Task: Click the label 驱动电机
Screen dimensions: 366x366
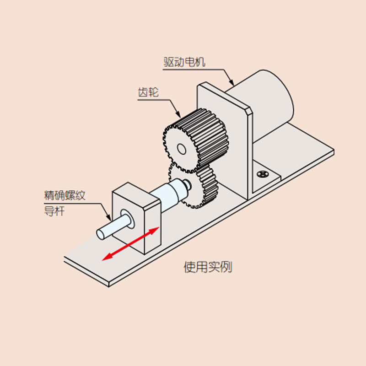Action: pos(184,62)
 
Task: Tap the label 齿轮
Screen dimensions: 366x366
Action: pos(148,92)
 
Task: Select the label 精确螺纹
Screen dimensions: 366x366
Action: pos(65,196)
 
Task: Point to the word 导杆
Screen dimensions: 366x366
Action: pos(54,211)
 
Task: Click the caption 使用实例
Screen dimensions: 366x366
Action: pos(208,267)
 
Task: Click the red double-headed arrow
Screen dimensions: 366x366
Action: pos(131,244)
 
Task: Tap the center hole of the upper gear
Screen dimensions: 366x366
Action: pos(182,149)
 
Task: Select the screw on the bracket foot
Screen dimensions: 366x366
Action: pos(263,174)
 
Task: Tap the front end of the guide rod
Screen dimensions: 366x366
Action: pos(100,234)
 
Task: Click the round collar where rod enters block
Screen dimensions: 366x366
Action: pos(128,219)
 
